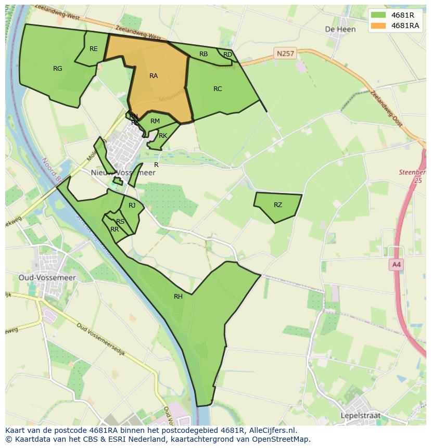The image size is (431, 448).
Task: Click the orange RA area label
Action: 154,76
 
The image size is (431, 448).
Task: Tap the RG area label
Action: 58,68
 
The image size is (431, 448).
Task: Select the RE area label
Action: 94,49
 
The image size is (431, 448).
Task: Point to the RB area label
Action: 204,54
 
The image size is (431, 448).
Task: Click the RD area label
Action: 227,55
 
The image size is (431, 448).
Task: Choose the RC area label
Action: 218,89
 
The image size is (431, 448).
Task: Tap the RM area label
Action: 155,121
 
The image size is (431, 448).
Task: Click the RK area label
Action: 163,136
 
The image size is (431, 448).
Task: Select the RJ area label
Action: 132,206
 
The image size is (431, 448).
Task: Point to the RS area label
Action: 120,222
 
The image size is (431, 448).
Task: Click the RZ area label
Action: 278,205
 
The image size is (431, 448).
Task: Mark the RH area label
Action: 178,297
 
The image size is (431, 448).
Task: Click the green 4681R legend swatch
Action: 378,16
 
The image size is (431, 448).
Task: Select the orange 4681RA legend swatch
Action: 378,25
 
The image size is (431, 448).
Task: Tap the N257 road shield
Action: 285,53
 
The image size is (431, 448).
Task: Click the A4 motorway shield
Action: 397,265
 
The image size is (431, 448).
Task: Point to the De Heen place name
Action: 340,29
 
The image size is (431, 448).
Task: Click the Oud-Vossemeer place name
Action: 47,278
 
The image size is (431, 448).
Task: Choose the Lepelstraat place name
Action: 360,416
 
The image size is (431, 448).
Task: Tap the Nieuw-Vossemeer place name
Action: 123,173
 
